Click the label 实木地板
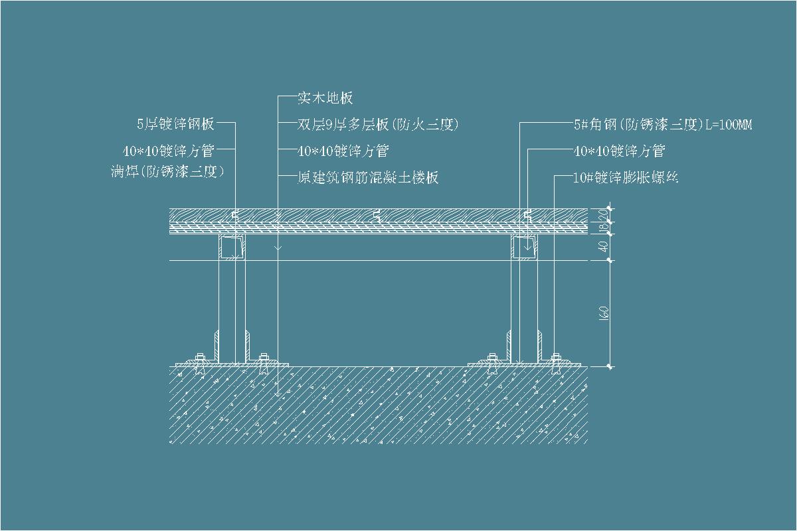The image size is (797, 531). (325, 98)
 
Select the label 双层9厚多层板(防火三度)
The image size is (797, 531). (378, 124)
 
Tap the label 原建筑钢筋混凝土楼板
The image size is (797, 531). (368, 177)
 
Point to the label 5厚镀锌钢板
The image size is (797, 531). (175, 123)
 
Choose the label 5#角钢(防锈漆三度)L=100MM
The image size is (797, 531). (662, 124)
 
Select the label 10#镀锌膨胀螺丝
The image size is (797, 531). (625, 177)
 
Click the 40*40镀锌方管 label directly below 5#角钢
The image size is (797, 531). (618, 151)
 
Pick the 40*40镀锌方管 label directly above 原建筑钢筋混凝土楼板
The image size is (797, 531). (343, 151)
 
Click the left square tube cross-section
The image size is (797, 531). (232, 247)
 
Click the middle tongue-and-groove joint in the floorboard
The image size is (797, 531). (377, 215)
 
